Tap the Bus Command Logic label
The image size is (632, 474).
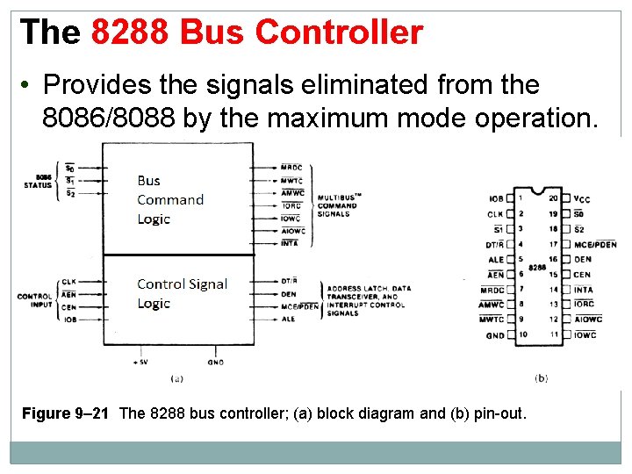pyautogui.click(x=169, y=199)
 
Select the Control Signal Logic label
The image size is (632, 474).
pyautogui.click(x=182, y=293)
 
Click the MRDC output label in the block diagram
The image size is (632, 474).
pyautogui.click(x=291, y=168)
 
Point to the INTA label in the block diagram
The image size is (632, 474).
pyautogui.click(x=290, y=243)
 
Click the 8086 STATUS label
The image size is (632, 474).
pyautogui.click(x=37, y=181)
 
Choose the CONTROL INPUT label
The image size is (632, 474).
pyautogui.click(x=34, y=301)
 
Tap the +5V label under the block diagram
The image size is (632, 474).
pyautogui.click(x=140, y=361)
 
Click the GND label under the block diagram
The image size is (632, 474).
pyautogui.click(x=216, y=361)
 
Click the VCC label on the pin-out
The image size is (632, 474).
pyautogui.click(x=582, y=198)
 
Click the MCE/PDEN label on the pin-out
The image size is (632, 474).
pyautogui.click(x=594, y=244)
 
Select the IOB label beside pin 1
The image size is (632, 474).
pyautogui.click(x=496, y=198)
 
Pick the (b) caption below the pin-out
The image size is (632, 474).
pyautogui.click(x=541, y=377)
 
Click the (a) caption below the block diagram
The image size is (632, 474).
pyautogui.click(x=176, y=377)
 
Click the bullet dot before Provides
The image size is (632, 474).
pyautogui.click(x=27, y=85)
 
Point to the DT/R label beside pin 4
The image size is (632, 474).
pyautogui.click(x=494, y=244)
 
